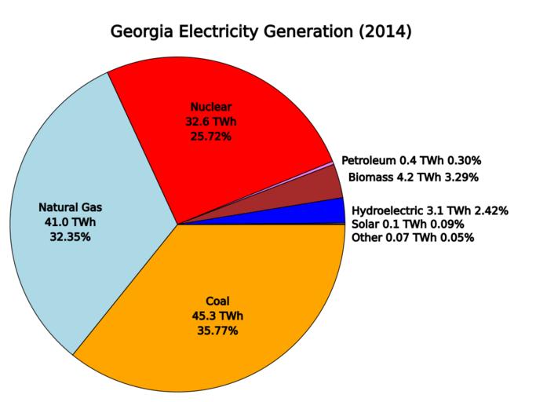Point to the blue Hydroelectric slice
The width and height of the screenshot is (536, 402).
334,212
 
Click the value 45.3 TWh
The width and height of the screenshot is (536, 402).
217,316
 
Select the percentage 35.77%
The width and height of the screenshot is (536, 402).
217,331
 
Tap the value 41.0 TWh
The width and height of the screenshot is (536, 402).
71,222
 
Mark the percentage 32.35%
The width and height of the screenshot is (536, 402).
71,236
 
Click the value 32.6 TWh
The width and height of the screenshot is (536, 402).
211,122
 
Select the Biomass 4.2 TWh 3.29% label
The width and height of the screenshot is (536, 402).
413,177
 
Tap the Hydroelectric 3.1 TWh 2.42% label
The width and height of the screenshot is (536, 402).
430,210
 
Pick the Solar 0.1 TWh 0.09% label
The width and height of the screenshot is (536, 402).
408,224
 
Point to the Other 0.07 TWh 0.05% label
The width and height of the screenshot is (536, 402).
413,237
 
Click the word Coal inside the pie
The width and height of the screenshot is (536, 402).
217,301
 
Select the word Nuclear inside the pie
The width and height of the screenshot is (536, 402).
211,107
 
